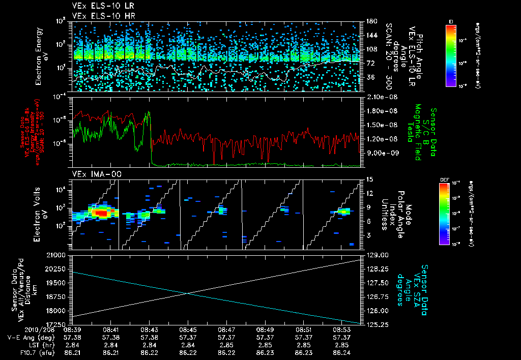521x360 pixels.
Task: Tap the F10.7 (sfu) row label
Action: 23,351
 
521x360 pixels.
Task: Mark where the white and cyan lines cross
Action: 187,293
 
